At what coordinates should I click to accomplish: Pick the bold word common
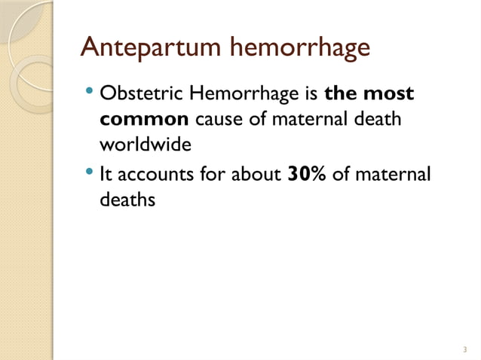click(x=143, y=120)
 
